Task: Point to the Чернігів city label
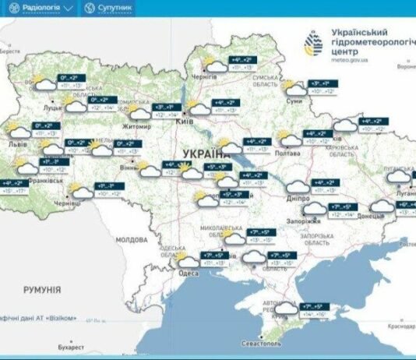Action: tap(203, 79)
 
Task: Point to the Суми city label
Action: tap(294, 101)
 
